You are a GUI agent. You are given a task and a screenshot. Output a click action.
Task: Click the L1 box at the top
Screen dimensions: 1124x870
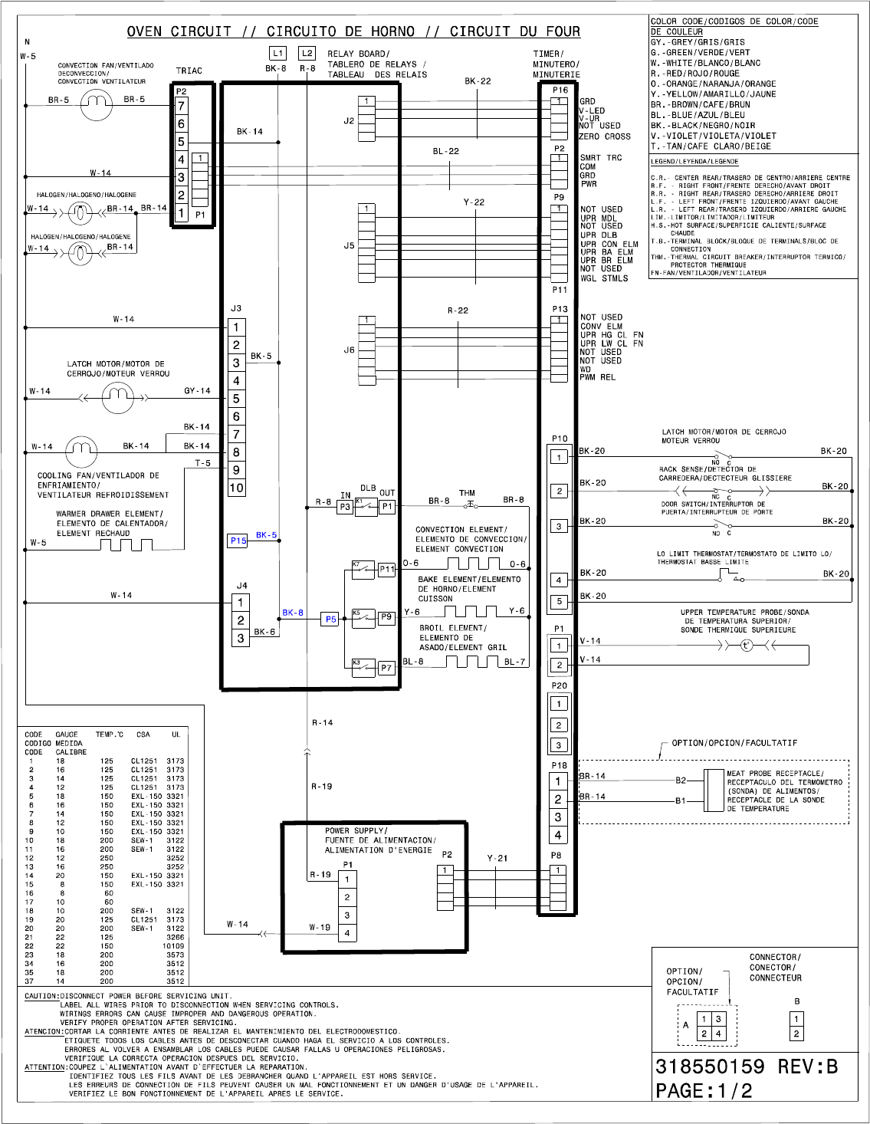click(277, 53)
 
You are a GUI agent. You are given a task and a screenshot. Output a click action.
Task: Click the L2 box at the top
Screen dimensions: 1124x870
click(307, 53)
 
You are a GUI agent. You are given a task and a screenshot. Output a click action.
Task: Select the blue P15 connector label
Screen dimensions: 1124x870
click(238, 541)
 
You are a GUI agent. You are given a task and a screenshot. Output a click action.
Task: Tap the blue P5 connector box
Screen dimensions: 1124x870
click(330, 619)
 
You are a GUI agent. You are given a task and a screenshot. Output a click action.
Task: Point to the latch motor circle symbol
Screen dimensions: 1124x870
click(117, 397)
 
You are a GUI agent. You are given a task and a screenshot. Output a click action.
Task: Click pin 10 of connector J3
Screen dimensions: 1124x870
click(236, 488)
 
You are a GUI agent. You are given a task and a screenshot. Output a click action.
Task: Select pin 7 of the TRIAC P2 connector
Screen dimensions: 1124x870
click(182, 107)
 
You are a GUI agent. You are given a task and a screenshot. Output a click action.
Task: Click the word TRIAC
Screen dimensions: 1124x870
click(189, 71)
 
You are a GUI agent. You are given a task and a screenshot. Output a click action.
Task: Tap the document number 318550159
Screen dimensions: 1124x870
click(710, 1066)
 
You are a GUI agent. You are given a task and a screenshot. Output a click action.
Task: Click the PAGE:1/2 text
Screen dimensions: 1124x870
click(704, 1091)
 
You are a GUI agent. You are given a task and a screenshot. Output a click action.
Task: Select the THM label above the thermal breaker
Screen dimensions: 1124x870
click(467, 493)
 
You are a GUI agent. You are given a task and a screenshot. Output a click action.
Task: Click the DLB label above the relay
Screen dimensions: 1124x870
click(368, 488)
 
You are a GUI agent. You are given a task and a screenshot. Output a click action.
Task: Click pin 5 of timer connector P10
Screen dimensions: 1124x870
click(560, 602)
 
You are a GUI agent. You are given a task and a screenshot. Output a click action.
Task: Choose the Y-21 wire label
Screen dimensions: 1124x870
click(497, 858)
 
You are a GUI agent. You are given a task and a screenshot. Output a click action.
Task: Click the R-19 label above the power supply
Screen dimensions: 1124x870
click(321, 786)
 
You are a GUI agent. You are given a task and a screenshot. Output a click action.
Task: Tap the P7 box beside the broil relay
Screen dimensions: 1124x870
click(386, 668)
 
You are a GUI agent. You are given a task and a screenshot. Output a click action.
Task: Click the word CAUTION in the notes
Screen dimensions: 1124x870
click(41, 996)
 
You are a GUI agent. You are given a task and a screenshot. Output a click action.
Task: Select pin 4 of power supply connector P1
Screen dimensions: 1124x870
click(347, 933)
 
